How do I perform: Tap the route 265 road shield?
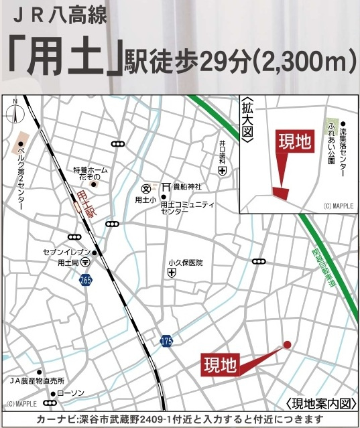[x=85, y=279]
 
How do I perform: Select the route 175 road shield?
[x=166, y=342]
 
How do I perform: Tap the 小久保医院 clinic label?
[x=186, y=263]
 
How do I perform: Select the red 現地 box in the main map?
[x=221, y=365]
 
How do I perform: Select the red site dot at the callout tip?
[x=288, y=344]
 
